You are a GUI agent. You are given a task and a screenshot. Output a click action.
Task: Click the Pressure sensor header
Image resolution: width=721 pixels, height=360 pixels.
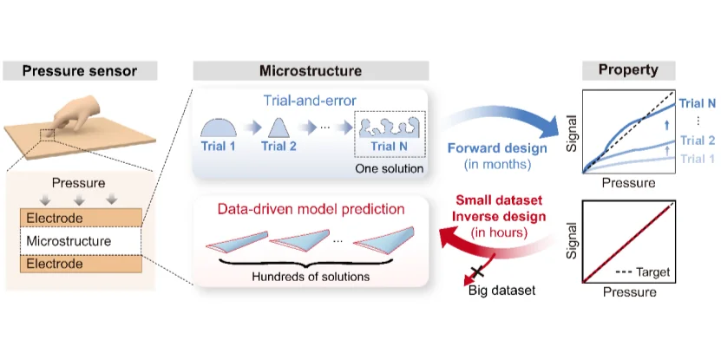80,71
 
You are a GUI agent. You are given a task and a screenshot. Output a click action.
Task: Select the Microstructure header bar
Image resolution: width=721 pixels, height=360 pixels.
311,71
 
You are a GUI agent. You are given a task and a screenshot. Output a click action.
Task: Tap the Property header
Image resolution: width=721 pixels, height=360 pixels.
628,70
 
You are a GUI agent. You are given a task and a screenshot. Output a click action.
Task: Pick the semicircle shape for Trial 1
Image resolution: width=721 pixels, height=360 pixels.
219,128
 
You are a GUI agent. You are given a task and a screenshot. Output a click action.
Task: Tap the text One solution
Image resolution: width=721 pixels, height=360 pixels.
389,169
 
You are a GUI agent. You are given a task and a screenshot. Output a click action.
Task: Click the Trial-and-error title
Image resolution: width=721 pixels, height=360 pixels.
311,101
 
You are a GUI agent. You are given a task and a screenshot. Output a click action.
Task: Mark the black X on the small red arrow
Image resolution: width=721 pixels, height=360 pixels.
478,272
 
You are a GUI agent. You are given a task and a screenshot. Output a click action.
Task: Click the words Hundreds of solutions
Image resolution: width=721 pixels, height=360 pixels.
311,277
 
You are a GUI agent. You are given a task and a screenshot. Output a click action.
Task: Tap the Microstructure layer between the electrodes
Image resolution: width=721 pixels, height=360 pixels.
81,241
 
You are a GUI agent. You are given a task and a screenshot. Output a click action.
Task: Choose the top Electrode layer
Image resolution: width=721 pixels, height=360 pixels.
81,219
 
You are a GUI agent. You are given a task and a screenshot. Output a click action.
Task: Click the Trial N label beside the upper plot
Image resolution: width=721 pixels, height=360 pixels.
698,104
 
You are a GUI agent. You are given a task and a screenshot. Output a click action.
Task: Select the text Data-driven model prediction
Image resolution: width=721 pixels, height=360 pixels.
311,210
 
